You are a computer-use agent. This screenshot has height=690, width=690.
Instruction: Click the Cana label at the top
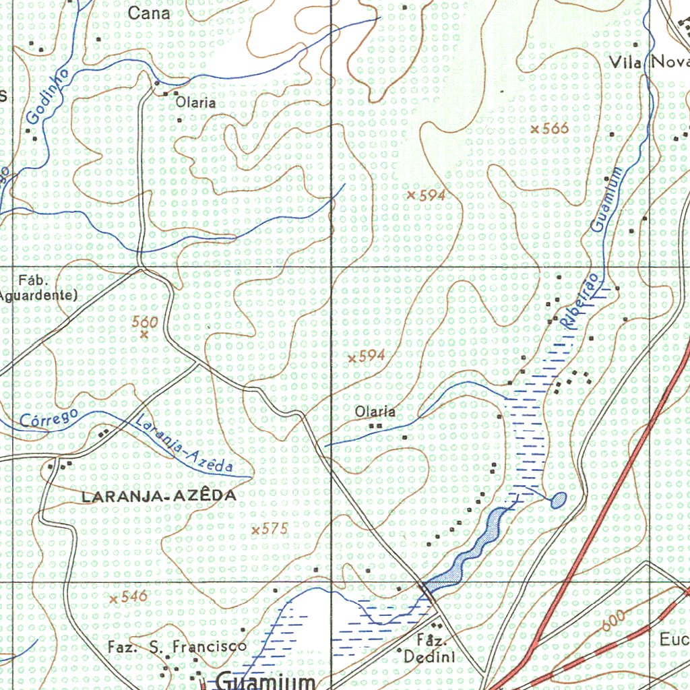click(x=149, y=13)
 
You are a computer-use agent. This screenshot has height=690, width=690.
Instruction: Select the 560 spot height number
click(x=145, y=322)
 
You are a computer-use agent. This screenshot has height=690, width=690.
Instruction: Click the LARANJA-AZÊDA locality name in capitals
click(x=158, y=496)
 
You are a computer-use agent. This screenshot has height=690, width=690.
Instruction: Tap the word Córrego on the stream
click(x=49, y=417)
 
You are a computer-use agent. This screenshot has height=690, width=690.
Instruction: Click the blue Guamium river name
click(x=606, y=199)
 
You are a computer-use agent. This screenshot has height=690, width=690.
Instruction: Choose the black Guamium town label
click(x=266, y=681)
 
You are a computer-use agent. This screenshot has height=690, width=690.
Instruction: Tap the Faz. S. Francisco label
click(x=177, y=647)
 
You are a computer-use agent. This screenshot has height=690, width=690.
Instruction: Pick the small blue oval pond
click(x=559, y=500)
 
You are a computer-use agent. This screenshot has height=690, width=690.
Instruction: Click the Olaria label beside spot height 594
click(x=375, y=411)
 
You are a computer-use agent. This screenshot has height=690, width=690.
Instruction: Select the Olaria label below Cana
click(x=196, y=102)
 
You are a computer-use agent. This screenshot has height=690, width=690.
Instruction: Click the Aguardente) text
click(x=38, y=295)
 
